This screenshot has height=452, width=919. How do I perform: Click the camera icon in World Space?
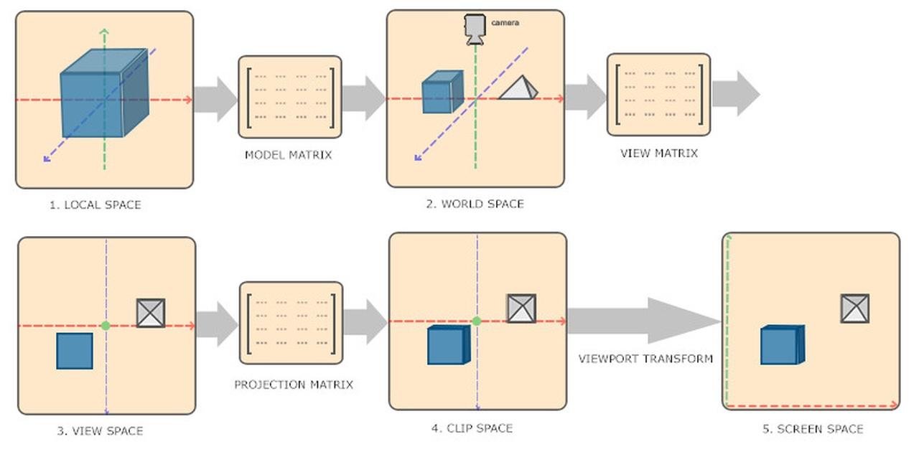[475, 29]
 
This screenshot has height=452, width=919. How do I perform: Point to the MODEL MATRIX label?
[288, 154]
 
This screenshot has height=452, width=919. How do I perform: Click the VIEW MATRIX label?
[658, 153]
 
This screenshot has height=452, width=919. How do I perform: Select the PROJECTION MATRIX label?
[294, 385]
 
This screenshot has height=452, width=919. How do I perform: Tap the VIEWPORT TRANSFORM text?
[645, 358]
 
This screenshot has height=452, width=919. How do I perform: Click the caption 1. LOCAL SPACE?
[95, 204]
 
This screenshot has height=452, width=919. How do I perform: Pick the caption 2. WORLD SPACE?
[475, 204]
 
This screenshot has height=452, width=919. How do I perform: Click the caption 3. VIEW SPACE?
[100, 431]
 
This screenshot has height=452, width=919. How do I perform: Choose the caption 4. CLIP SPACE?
[472, 428]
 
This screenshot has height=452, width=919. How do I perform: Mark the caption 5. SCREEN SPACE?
[812, 429]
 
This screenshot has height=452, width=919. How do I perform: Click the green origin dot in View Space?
[106, 326]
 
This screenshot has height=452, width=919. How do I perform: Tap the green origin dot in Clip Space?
[475, 321]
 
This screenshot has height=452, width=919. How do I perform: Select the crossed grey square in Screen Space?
[854, 309]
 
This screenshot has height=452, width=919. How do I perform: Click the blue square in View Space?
[75, 351]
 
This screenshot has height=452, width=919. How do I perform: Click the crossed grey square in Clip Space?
[521, 309]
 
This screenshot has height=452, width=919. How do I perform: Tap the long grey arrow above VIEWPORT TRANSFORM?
[643, 321]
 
